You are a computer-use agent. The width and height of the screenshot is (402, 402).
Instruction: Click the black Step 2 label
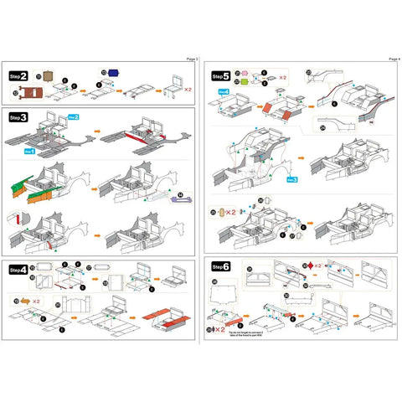[x=18, y=75]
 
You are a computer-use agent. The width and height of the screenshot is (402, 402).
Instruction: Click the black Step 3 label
[x=18, y=117]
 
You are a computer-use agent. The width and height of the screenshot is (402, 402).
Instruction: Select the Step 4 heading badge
[x=18, y=270]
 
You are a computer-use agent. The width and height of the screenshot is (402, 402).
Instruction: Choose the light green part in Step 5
[x=249, y=82]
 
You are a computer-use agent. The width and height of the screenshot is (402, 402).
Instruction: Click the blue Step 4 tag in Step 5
[x=223, y=90]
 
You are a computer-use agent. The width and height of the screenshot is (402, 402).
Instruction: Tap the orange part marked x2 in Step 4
[x=24, y=299]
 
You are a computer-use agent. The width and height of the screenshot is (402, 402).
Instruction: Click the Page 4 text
[x=394, y=59]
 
